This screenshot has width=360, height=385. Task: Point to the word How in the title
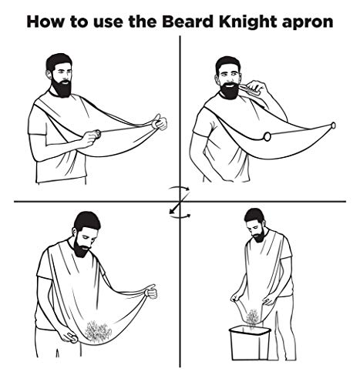pos(49,21)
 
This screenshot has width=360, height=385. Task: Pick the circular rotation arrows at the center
pos(179,202)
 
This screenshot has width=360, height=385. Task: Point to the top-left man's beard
pos(62,86)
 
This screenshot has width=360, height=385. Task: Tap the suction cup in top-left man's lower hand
pos(96,136)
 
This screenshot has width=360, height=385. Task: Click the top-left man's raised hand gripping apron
pos(158,121)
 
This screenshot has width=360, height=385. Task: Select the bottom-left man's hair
pos(87,220)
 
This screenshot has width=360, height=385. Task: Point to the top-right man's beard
pos(227,90)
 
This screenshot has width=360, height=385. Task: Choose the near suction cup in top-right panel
pos(266,136)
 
